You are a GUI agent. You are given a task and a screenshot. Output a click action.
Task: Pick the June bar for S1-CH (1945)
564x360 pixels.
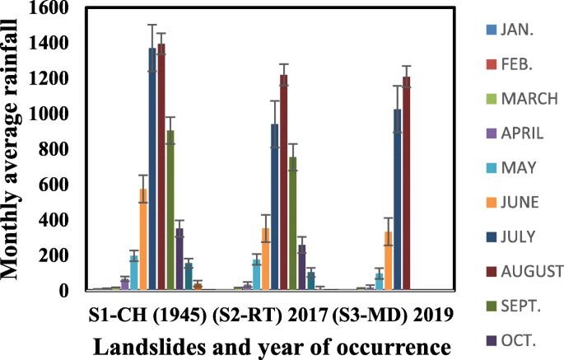[143, 239]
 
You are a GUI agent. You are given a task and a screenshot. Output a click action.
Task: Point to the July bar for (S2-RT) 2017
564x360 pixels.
[274, 207]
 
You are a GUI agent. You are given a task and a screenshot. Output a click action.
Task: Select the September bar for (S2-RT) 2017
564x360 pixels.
[292, 223]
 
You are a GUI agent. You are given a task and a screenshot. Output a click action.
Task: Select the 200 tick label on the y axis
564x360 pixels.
[58, 255]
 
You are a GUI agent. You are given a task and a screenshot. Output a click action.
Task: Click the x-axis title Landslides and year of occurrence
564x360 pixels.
[272, 346]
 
